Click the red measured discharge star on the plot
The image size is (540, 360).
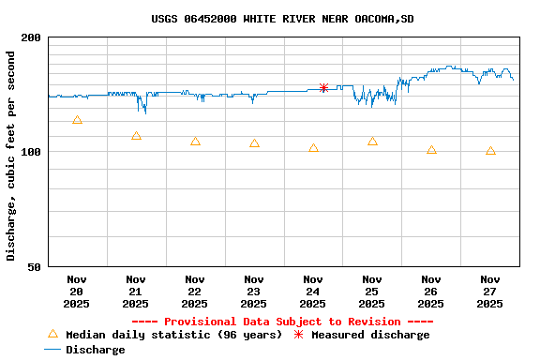click(323, 87)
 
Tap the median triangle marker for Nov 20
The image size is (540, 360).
click(77, 120)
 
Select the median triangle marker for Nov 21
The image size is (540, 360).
click(136, 136)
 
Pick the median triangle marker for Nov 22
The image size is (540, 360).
click(195, 142)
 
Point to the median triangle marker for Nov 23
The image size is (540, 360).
click(254, 143)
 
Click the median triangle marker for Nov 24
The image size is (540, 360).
click(313, 148)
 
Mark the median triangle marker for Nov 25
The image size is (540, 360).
click(372, 142)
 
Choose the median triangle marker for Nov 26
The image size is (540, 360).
click(431, 150)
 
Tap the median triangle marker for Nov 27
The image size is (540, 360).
click(490, 151)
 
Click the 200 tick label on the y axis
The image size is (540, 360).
click(31, 37)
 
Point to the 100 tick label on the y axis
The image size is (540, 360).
click(31, 152)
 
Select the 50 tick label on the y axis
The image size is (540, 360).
click(35, 266)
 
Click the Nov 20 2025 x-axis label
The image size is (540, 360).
click(77, 291)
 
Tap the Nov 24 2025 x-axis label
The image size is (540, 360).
click(313, 291)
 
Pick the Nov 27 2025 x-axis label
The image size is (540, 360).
click(490, 291)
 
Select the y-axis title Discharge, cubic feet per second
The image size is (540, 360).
click(11, 156)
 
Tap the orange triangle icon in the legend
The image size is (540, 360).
click(52, 334)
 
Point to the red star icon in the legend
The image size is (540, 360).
click(299, 335)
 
